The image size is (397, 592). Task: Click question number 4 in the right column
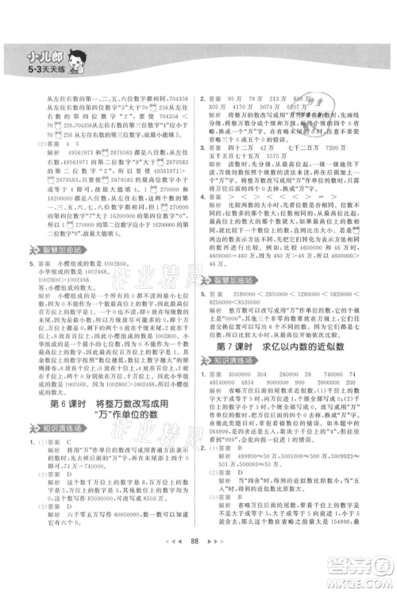pos(202,198)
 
